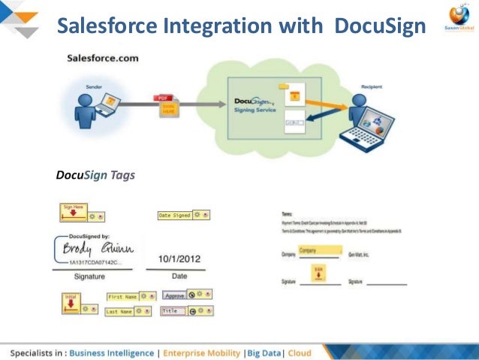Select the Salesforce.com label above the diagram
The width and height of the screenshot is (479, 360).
[102, 58]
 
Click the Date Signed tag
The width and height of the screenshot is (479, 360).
[174, 215]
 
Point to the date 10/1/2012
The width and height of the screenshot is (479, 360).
[179, 259]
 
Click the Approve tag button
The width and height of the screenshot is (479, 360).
[174, 296]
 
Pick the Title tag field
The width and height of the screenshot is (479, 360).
[173, 310]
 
